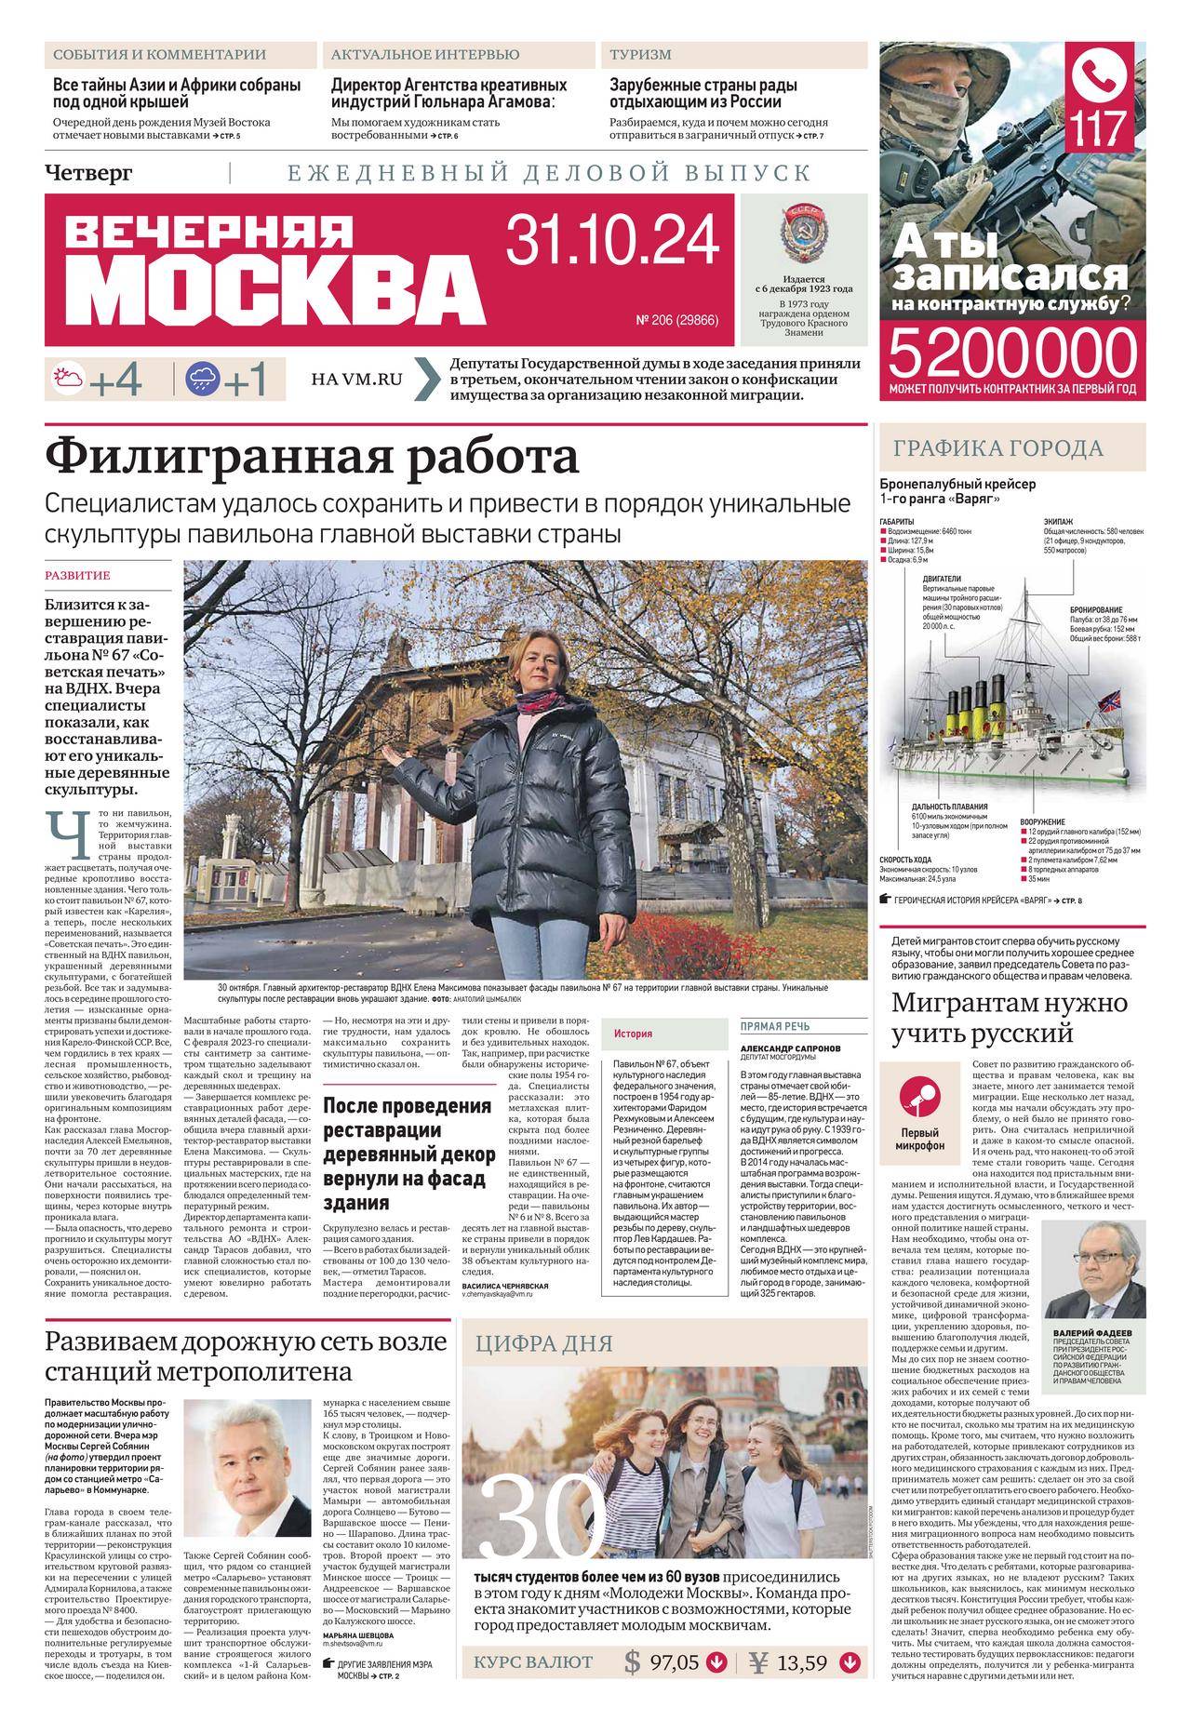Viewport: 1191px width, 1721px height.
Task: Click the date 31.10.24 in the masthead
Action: [x=613, y=239]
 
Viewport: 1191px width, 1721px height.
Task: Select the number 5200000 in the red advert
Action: [x=1013, y=354]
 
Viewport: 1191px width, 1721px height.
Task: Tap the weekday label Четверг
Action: [x=89, y=173]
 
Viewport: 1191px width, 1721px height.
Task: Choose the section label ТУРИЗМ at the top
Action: [x=640, y=55]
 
